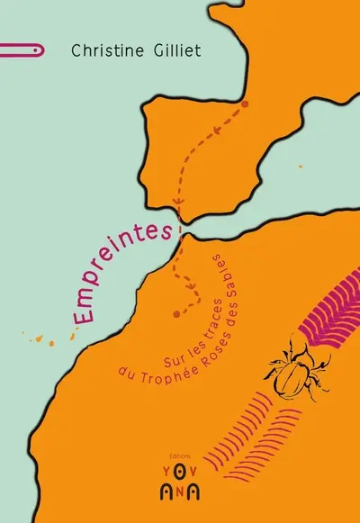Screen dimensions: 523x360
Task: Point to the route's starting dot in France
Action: [245, 104]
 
